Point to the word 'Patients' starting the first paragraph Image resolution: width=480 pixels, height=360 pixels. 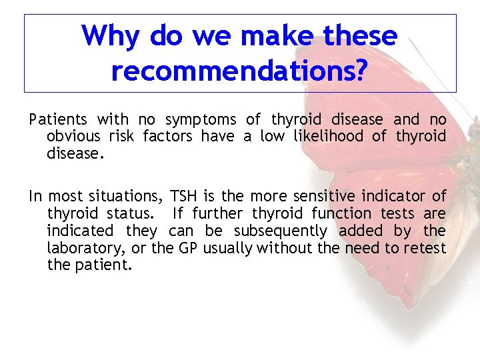click(58, 120)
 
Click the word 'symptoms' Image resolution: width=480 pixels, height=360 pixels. click(200, 120)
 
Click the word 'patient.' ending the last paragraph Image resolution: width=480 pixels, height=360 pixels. click(103, 266)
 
